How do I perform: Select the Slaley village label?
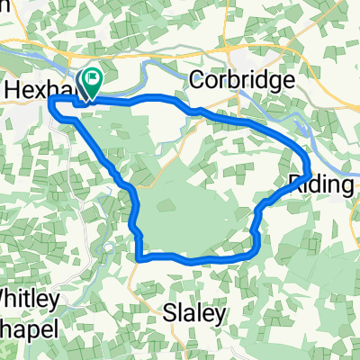click(x=193, y=312)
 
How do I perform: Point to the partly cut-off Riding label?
click(x=322, y=184)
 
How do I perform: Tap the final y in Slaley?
click(x=216, y=315)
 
